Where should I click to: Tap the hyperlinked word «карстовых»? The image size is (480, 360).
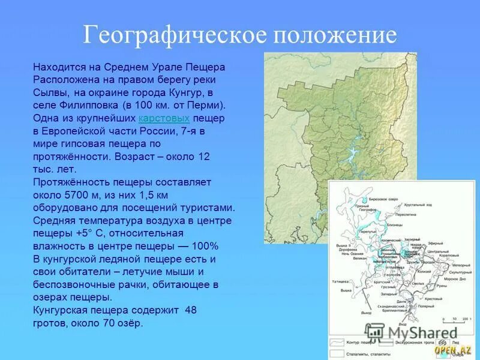164,119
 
